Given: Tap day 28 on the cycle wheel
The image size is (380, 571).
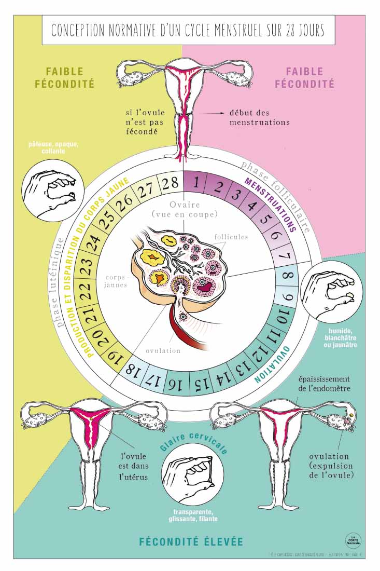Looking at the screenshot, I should [x=170, y=183].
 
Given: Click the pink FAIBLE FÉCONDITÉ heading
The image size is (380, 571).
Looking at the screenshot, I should [x=304, y=77].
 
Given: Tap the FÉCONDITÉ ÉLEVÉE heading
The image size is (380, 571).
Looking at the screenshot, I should [x=191, y=541].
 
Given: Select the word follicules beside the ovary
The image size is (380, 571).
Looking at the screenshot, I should [x=231, y=237].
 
